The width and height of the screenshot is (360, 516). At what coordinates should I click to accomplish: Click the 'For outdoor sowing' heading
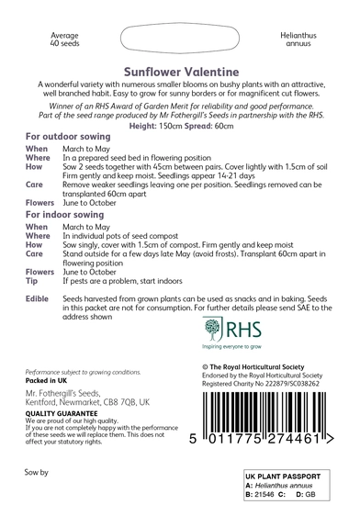60,135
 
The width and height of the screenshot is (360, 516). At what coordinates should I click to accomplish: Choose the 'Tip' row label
32,281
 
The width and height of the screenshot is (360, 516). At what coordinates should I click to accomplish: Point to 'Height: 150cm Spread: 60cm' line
179,125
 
